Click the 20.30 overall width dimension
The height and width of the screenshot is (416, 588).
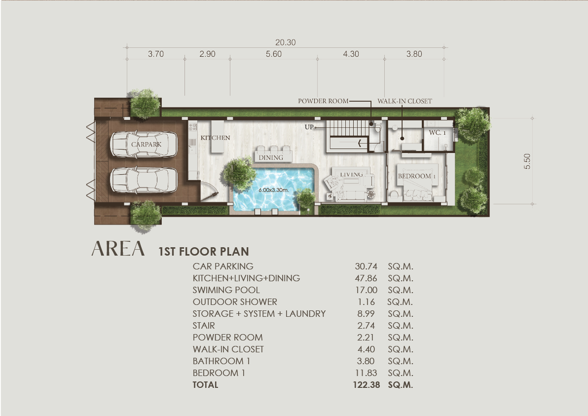[x=286, y=42]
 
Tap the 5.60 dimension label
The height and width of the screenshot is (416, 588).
[x=274, y=54]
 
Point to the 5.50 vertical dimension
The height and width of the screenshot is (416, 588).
[x=527, y=161]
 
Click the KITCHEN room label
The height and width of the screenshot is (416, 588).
[x=215, y=138]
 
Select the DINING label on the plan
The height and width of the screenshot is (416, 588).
[x=271, y=157]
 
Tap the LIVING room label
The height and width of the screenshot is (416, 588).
[x=351, y=174]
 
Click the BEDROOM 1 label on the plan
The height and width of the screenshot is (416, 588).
[x=417, y=176]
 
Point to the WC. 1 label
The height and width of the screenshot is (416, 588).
[x=437, y=132]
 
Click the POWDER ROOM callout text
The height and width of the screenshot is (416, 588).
[x=323, y=101]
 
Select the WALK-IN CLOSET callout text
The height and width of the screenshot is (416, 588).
[x=404, y=101]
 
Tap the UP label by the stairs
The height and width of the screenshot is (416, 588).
[x=309, y=127]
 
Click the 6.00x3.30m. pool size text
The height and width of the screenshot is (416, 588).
[x=274, y=190]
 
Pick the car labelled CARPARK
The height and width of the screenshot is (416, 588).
[x=144, y=144]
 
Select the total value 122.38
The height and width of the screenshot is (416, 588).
[x=367, y=385]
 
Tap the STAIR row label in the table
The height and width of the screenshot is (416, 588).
[x=204, y=326]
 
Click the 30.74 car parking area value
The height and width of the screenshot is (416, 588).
[x=366, y=266]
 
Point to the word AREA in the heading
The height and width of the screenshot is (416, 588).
[x=118, y=248]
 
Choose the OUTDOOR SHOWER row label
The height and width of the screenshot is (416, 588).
[x=235, y=302]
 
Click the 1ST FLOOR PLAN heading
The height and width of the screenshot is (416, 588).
[x=204, y=251]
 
